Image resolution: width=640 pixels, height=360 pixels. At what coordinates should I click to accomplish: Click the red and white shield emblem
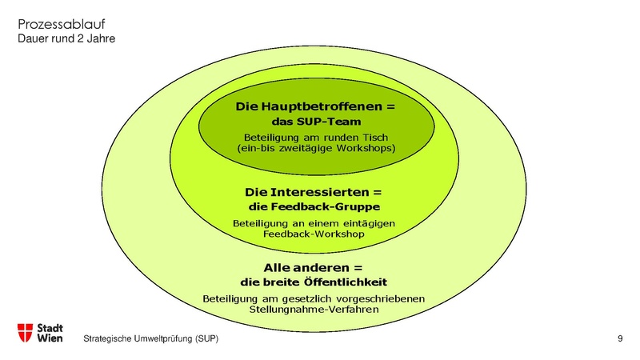pos(26,333)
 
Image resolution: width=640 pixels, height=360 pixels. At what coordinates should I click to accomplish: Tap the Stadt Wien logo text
pos(51,333)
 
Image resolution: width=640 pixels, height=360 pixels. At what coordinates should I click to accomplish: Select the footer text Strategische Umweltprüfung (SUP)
pos(150,340)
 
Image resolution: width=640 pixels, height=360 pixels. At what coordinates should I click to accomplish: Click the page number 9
pos(620,340)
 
